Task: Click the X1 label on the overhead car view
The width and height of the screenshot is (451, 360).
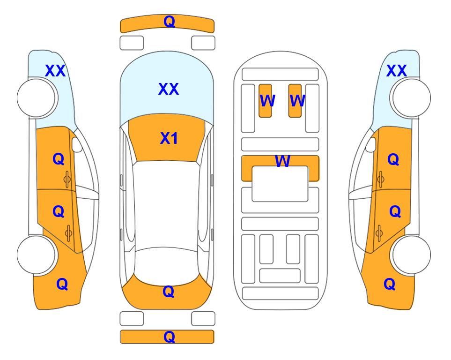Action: pyautogui.click(x=169, y=138)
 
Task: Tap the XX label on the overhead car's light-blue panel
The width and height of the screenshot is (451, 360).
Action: pyautogui.click(x=169, y=89)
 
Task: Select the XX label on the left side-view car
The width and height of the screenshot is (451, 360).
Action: pyautogui.click(x=55, y=71)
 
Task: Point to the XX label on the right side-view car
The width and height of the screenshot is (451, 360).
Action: pyautogui.click(x=396, y=71)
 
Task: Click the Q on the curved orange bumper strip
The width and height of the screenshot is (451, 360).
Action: pyautogui.click(x=169, y=22)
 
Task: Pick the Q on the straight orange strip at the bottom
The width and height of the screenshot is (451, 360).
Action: pyautogui.click(x=169, y=337)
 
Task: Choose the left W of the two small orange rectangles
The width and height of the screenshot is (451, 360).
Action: pyautogui.click(x=267, y=101)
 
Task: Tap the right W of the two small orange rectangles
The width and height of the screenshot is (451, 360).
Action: pyautogui.click(x=297, y=101)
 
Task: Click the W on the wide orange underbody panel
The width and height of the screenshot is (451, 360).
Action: pyautogui.click(x=282, y=161)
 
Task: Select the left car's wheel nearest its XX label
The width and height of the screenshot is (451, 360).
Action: pyautogui.click(x=36, y=98)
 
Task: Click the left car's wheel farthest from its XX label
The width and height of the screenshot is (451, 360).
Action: pyautogui.click(x=36, y=255)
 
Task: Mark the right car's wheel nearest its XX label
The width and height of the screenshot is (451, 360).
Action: pyautogui.click(x=411, y=98)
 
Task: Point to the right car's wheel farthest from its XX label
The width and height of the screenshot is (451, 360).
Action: pyautogui.click(x=411, y=255)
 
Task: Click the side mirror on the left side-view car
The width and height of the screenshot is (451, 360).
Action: pyautogui.click(x=76, y=144)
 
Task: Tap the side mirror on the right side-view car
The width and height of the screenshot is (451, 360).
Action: pyautogui.click(x=371, y=144)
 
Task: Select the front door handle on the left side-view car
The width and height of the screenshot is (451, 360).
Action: pyautogui.click(x=67, y=180)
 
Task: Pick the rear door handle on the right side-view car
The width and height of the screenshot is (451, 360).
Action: pyautogui.click(x=380, y=233)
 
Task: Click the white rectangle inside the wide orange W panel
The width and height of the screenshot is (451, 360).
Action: pyautogui.click(x=280, y=184)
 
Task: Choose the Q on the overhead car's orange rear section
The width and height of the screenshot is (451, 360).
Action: pyautogui.click(x=168, y=292)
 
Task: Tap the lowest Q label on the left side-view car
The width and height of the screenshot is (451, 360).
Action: pyautogui.click(x=62, y=284)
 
